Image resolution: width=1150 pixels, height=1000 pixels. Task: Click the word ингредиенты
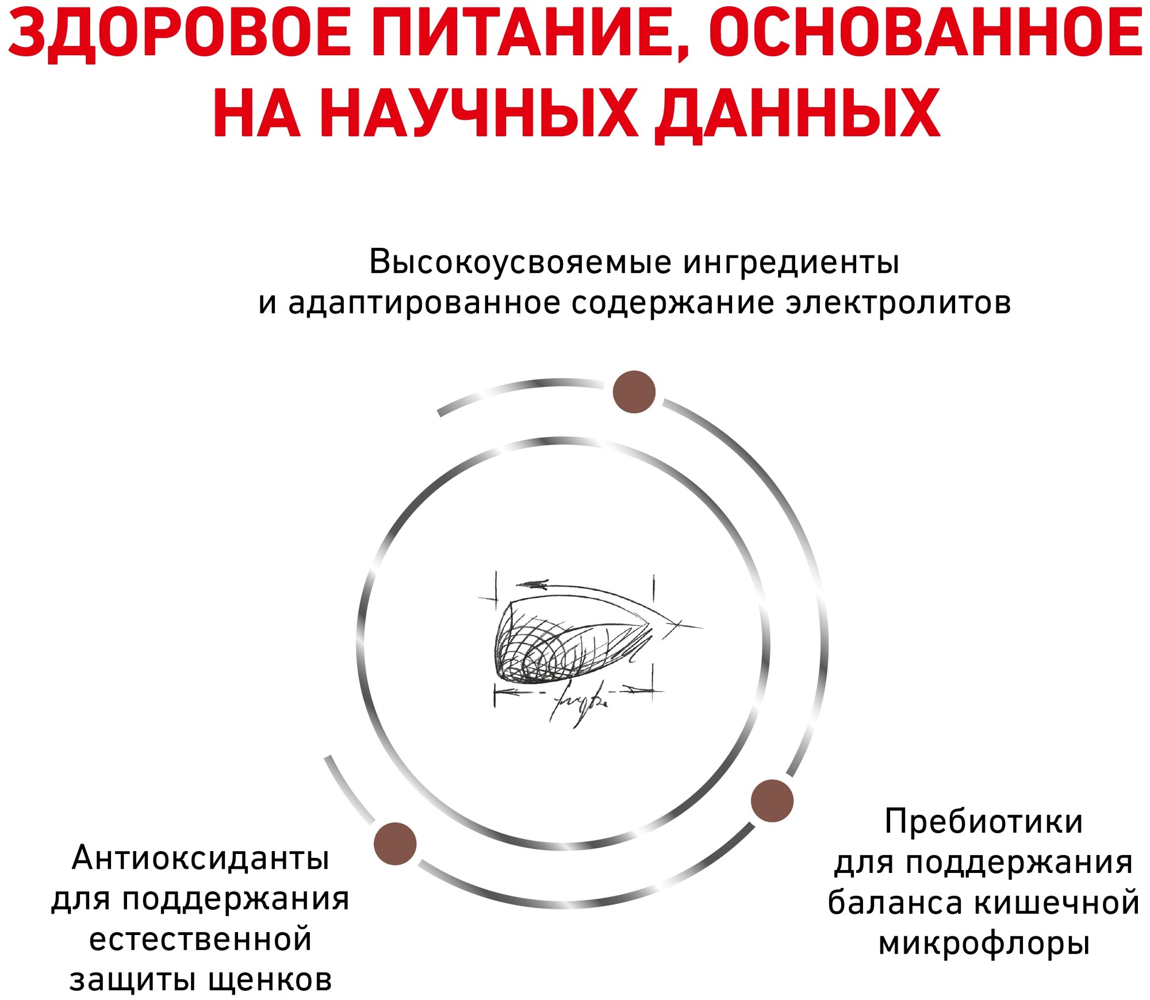[x=791, y=263]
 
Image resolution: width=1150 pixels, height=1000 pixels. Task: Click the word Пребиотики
[x=983, y=822]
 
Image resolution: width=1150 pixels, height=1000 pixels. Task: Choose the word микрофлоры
[x=984, y=944]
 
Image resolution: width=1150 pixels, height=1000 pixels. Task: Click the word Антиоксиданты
[x=201, y=859]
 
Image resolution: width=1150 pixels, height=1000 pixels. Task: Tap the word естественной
[x=201, y=940]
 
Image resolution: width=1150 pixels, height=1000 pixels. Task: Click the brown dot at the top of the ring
[x=634, y=392]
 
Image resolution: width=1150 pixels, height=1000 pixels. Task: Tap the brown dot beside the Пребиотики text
[x=772, y=801]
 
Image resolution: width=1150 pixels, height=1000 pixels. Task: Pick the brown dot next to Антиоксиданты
[x=394, y=844]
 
